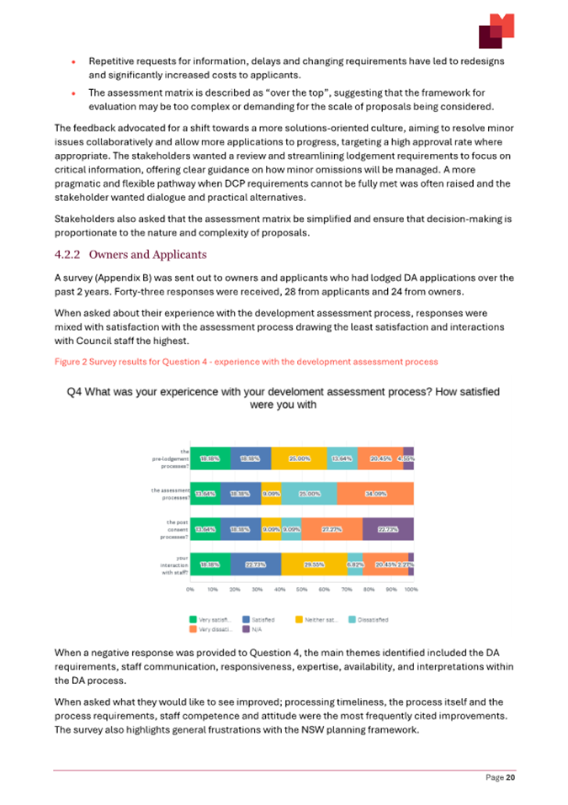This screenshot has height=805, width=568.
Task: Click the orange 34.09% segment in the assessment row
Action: (x=375, y=494)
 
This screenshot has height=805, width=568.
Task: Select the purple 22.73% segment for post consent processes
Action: (x=388, y=529)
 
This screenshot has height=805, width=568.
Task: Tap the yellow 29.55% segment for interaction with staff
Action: (x=314, y=564)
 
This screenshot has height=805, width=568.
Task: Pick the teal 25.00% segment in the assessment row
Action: (x=309, y=494)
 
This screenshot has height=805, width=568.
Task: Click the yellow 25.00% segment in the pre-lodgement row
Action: (x=300, y=458)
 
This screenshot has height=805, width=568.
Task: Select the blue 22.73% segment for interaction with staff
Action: (x=256, y=564)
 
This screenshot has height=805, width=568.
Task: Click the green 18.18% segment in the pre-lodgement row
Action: (x=211, y=458)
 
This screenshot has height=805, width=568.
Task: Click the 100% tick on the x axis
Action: (x=411, y=589)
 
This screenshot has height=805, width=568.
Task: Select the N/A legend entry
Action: (x=253, y=628)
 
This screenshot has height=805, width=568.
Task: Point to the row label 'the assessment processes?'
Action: (x=171, y=494)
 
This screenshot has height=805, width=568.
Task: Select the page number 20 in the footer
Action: (x=510, y=778)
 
